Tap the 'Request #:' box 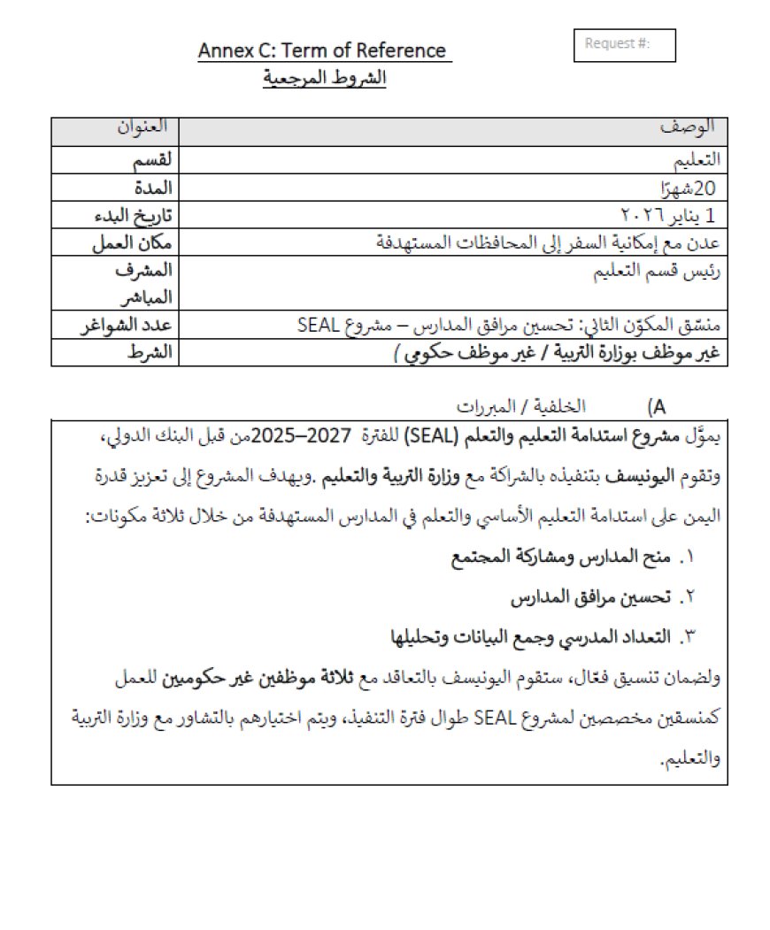pos(625,45)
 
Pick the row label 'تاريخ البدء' pos(133,215)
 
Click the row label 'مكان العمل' pos(133,242)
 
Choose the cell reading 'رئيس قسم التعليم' pos(662,273)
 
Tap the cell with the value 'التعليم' pos(697,160)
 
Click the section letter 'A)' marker pos(657,407)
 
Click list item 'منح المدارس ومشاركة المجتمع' pos(560,557)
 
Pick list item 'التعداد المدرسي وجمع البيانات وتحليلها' pos(527,637)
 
